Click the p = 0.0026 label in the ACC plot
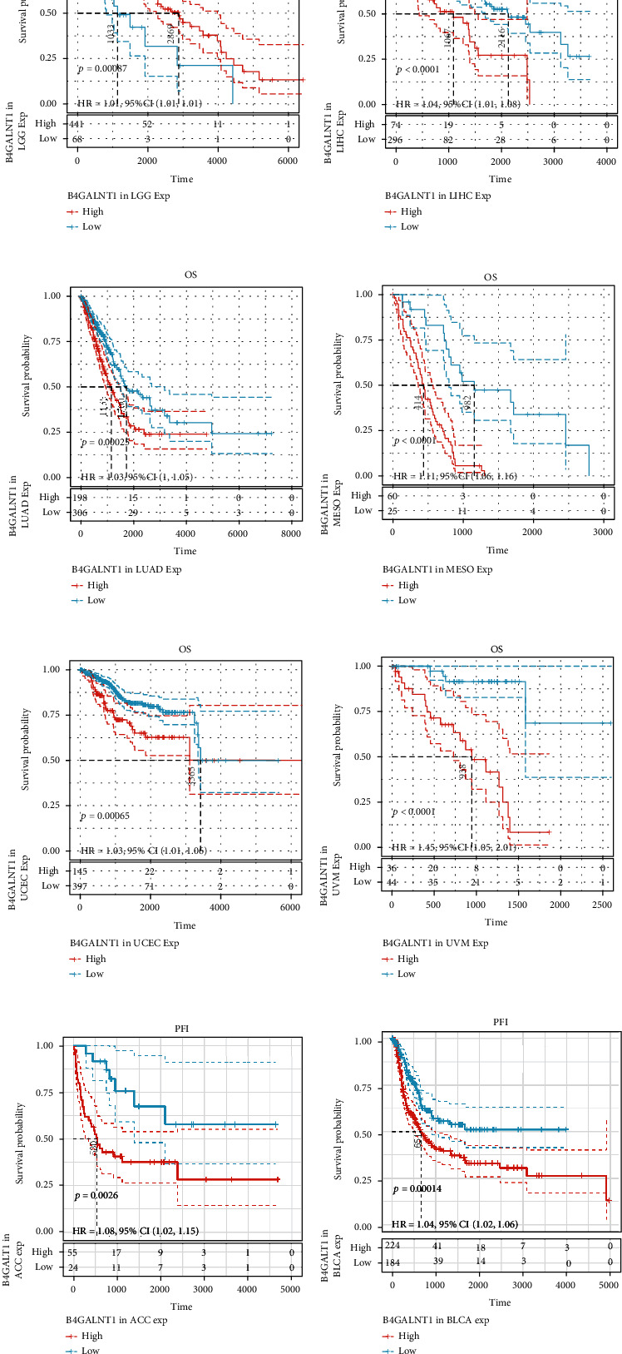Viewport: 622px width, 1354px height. click(97, 1196)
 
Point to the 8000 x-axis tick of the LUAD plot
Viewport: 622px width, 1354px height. click(290, 534)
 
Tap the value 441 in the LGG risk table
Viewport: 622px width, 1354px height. click(77, 123)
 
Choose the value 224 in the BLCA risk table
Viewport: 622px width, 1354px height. click(392, 1247)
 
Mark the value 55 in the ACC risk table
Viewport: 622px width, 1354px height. click(74, 1252)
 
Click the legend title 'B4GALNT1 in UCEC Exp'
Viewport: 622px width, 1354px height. click(124, 944)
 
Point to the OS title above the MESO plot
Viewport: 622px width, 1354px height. click(490, 278)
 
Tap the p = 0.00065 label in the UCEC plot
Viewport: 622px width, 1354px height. click(107, 816)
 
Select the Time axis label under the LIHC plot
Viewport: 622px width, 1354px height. click(500, 179)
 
